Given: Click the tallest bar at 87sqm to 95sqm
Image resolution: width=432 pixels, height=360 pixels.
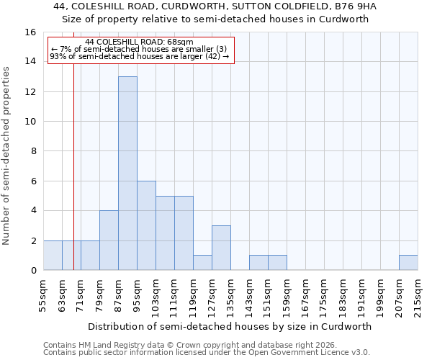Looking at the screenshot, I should pyautogui.click(x=127, y=173).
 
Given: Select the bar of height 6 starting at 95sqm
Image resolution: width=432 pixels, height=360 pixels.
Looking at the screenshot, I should pyautogui.click(x=146, y=225).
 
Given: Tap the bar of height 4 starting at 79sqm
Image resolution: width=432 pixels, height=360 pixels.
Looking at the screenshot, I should pyautogui.click(x=109, y=240).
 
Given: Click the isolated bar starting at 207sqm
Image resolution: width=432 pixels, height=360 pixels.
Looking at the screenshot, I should pyautogui.click(x=408, y=263).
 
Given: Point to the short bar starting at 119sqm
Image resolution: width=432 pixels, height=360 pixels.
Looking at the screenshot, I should pyautogui.click(x=202, y=263).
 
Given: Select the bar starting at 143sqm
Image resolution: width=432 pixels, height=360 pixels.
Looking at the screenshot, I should pyautogui.click(x=258, y=263).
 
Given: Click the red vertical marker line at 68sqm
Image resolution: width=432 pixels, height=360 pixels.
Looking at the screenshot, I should pyautogui.click(x=73, y=180).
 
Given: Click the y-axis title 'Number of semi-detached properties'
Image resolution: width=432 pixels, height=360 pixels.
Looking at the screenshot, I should pyautogui.click(x=6, y=156).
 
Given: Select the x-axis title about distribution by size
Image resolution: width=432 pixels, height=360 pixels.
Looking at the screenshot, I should pyautogui.click(x=230, y=326).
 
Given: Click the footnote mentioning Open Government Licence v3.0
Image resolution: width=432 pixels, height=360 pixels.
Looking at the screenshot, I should pyautogui.click(x=207, y=353).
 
